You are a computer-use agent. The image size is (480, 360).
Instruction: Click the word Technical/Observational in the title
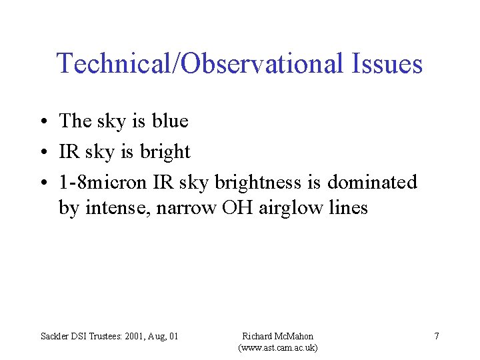(198, 64)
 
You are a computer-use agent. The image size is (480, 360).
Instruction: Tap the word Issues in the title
(385, 64)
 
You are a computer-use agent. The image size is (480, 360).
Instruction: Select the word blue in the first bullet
(170, 121)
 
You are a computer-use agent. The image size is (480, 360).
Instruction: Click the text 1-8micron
(103, 182)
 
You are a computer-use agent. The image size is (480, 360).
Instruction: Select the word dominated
(372, 182)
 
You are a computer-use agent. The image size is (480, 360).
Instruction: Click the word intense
(105, 208)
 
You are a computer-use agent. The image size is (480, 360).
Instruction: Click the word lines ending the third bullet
(349, 208)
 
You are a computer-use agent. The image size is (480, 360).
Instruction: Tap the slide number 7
(437, 336)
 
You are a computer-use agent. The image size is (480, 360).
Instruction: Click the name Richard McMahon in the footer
(277, 336)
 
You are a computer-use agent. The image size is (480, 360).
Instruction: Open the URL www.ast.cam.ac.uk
(277, 348)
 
